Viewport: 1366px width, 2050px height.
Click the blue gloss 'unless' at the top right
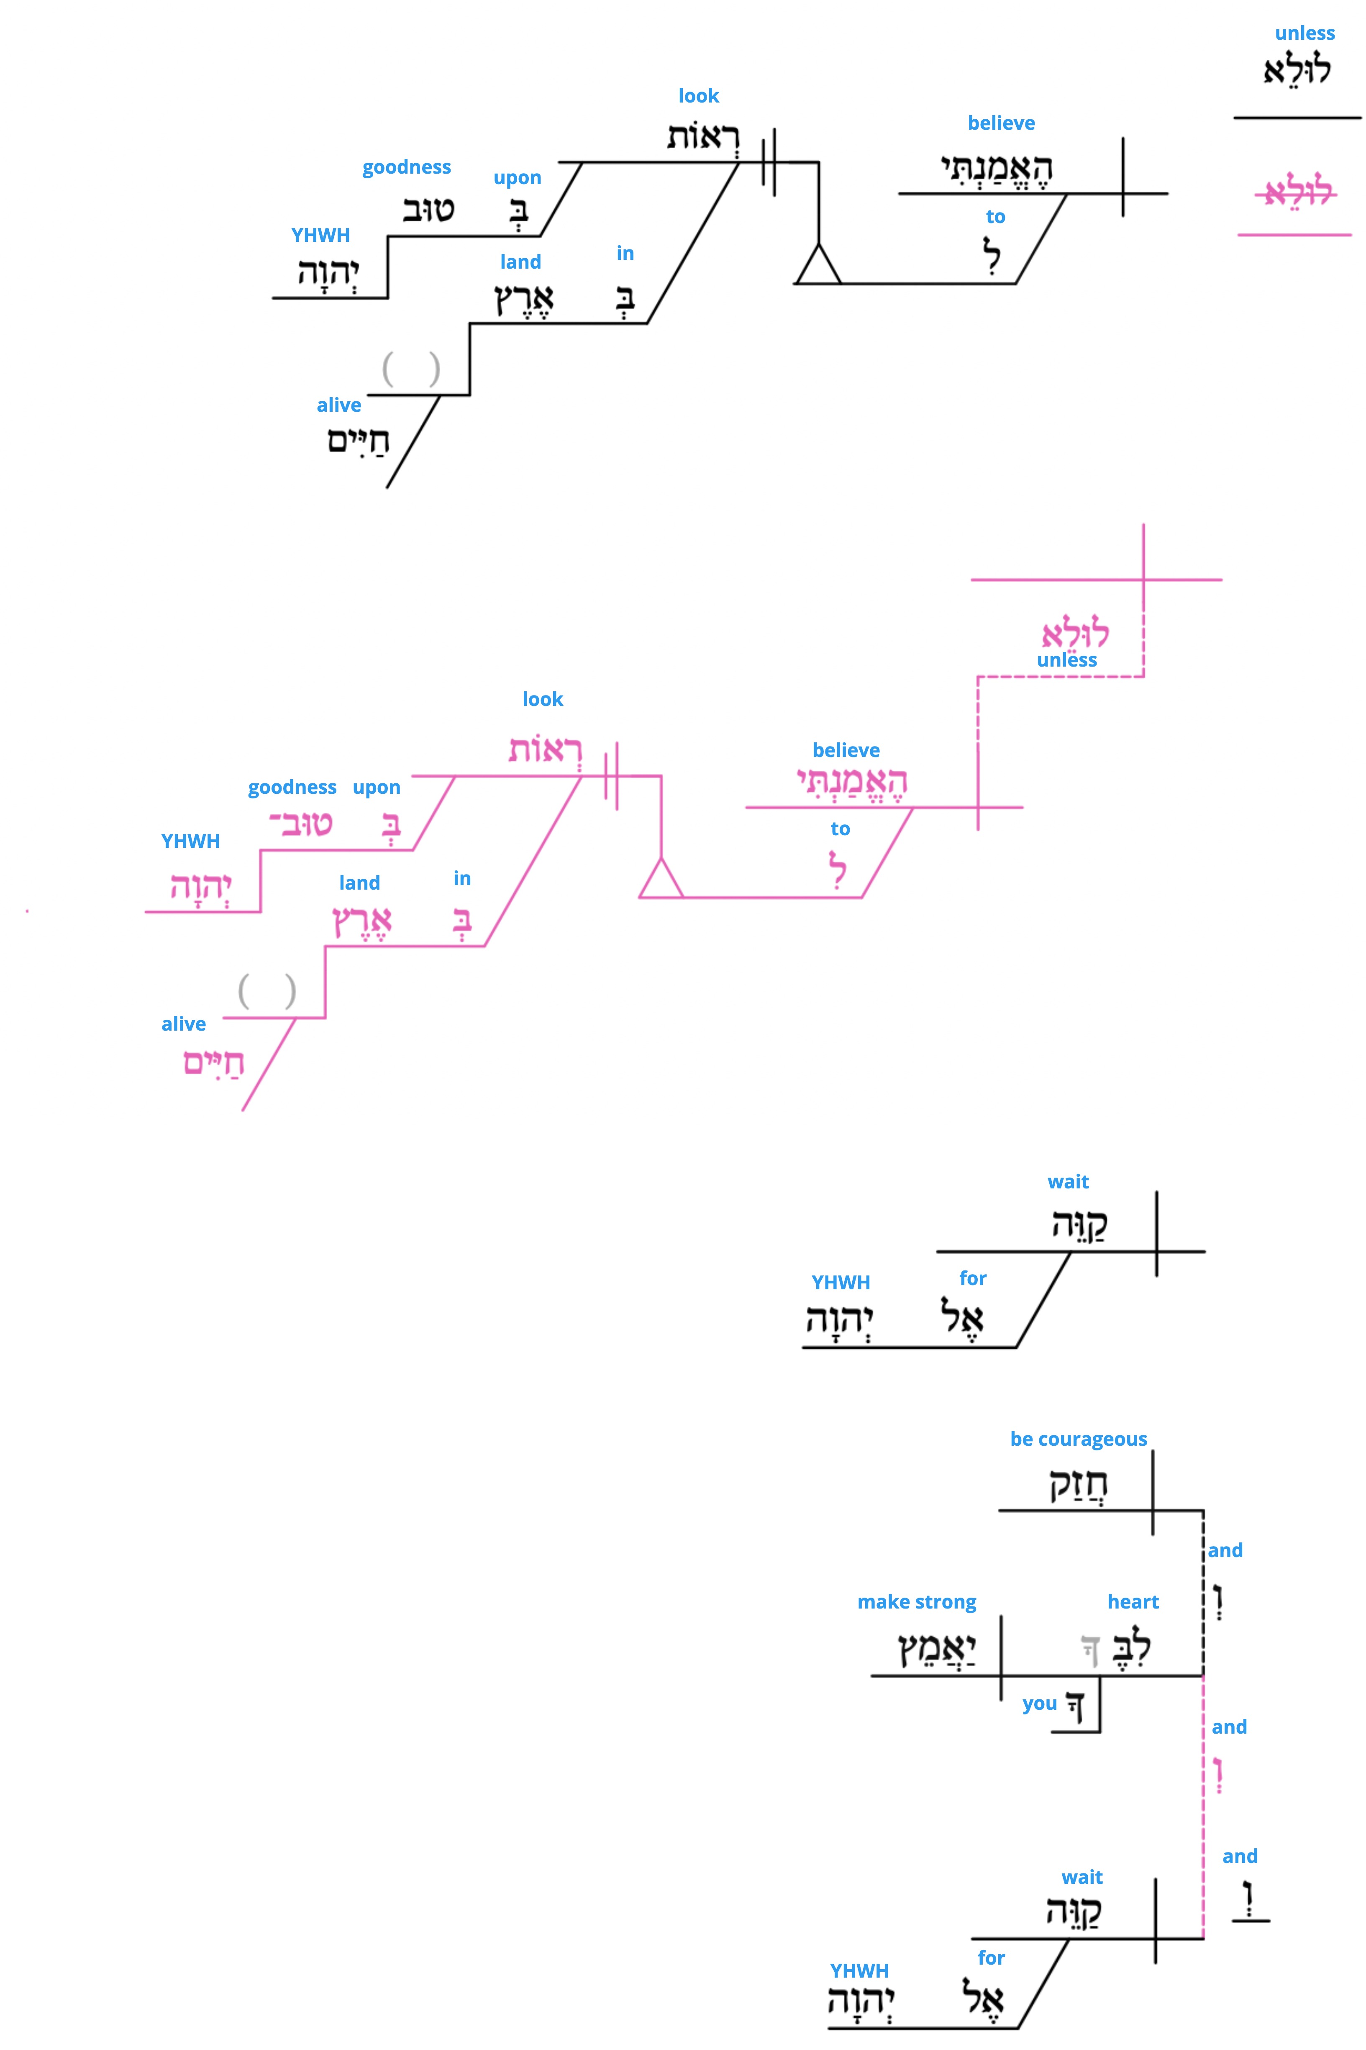tap(1304, 33)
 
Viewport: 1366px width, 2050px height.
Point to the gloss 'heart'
tap(1133, 1601)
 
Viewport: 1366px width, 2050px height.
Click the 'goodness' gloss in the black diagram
tap(407, 167)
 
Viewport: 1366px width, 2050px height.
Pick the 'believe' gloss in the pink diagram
tap(846, 750)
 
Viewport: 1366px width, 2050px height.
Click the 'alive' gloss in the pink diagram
tap(184, 1024)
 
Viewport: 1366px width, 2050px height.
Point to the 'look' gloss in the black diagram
tap(699, 96)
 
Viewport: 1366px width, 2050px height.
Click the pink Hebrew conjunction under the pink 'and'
tap(1218, 1775)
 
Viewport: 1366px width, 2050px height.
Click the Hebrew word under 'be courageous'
tap(1079, 1485)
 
